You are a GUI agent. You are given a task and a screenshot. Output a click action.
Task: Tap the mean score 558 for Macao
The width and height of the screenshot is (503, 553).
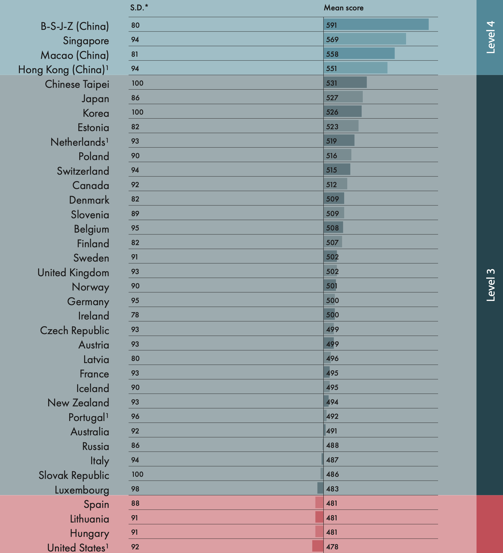point(332,54)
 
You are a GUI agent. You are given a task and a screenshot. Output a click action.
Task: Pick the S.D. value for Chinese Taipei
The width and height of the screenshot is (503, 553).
point(137,83)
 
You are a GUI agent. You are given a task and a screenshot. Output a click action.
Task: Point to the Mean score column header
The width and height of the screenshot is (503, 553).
point(344,8)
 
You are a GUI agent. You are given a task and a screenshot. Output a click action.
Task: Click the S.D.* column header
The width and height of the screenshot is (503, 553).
point(139,8)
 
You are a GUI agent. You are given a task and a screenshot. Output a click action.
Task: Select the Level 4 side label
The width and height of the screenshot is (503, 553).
point(490,37)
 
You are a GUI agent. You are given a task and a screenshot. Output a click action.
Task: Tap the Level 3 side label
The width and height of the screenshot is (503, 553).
point(490,285)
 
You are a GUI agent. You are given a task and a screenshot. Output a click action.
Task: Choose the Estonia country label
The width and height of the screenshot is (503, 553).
point(93,127)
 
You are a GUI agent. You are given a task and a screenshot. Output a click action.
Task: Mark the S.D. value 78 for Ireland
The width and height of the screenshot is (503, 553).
point(135,315)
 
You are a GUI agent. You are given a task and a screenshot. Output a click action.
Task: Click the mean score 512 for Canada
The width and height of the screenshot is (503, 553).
point(332,184)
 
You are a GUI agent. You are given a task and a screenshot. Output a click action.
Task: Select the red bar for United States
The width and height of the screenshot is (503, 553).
point(318,546)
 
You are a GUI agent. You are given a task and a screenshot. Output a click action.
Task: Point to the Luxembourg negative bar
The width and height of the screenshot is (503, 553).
point(320,488)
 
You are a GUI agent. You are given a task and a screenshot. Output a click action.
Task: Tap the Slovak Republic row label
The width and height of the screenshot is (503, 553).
point(74,475)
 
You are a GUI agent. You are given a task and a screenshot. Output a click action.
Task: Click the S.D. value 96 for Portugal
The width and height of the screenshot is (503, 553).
point(135,416)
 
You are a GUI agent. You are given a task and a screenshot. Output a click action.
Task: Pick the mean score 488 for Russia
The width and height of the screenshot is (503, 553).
point(332,445)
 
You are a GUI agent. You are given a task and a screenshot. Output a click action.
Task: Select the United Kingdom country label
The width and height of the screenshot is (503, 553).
point(73,273)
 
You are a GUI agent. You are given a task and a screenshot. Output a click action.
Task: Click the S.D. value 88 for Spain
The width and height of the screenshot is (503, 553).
point(135,503)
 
